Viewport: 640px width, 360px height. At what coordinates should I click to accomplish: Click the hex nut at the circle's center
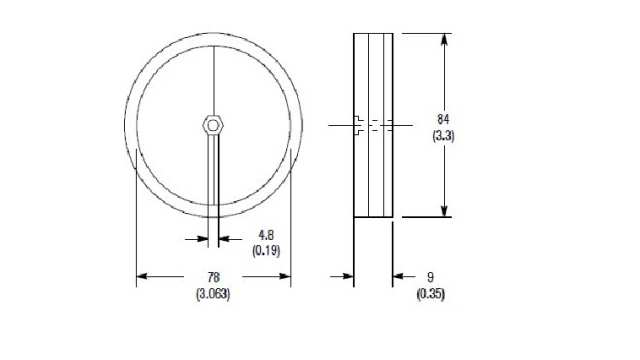(x=213, y=125)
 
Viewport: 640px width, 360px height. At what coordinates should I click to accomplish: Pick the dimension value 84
(x=444, y=117)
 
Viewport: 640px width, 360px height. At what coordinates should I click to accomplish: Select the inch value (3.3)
(x=444, y=134)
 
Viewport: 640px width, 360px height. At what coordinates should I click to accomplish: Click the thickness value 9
(x=430, y=276)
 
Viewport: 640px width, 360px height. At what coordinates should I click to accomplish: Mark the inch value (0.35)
(x=430, y=293)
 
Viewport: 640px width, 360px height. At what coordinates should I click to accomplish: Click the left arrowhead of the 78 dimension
(x=141, y=276)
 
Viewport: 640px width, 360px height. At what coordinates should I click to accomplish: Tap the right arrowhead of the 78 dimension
(x=286, y=276)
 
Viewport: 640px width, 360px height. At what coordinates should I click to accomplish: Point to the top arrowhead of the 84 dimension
(x=444, y=38)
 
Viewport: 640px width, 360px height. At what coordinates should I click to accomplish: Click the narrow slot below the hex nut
(x=213, y=175)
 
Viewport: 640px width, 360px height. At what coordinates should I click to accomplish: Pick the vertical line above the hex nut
(x=213, y=80)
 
